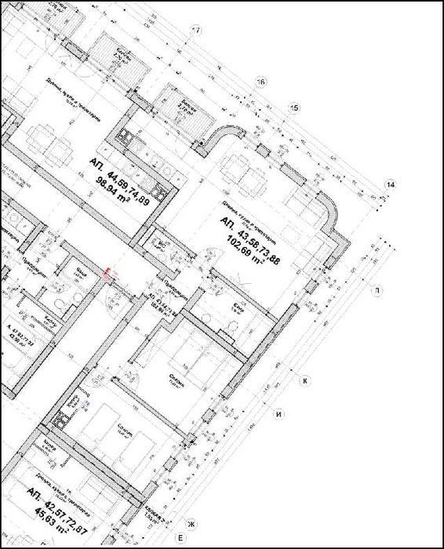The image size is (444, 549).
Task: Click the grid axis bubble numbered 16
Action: [x=261, y=81]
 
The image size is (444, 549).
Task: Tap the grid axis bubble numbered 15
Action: [x=294, y=107]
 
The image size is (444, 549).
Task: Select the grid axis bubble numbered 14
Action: [x=390, y=184]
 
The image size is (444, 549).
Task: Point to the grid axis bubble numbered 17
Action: [x=197, y=31]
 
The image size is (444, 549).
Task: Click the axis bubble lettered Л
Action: [x=379, y=290]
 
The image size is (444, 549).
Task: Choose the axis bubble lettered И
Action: [x=276, y=414]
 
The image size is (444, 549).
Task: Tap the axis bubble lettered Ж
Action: [x=189, y=523]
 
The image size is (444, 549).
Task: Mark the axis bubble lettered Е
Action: [x=180, y=538]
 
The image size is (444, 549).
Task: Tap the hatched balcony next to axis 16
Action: [x=186, y=115]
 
